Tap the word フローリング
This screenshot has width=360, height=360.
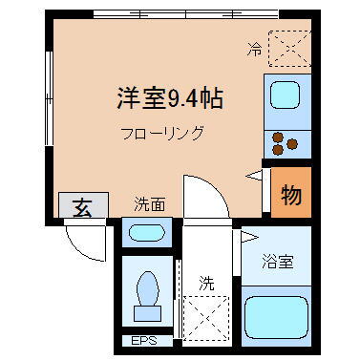(162, 133)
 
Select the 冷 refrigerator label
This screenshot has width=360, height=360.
(255, 47)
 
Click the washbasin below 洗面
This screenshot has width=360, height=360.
(146, 232)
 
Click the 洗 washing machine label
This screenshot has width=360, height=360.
(206, 283)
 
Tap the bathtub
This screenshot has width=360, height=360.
(278, 319)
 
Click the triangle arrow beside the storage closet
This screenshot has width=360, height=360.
(254, 175)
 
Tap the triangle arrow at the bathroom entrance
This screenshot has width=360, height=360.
(248, 236)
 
